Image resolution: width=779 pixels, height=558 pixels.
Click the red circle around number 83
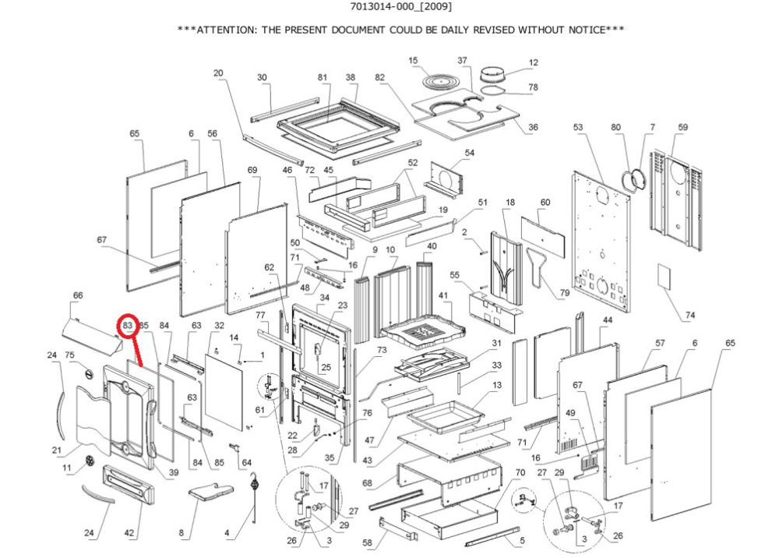click(x=129, y=325)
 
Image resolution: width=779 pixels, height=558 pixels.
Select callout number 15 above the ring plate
click(x=414, y=61)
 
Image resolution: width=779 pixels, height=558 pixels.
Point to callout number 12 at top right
click(x=534, y=62)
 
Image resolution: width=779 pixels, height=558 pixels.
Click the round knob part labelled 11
click(x=90, y=461)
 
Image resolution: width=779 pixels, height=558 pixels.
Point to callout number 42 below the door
click(x=131, y=534)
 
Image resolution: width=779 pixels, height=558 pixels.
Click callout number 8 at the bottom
click(x=182, y=534)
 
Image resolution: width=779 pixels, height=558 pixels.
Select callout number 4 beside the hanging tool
click(x=227, y=534)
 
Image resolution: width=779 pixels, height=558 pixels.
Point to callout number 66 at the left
click(x=77, y=295)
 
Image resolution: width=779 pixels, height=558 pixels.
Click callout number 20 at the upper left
click(x=218, y=73)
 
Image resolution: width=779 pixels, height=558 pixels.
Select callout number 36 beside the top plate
click(x=534, y=127)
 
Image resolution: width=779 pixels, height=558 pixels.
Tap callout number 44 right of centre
click(x=607, y=320)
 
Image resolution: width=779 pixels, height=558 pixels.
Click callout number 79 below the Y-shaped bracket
click(x=565, y=293)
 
